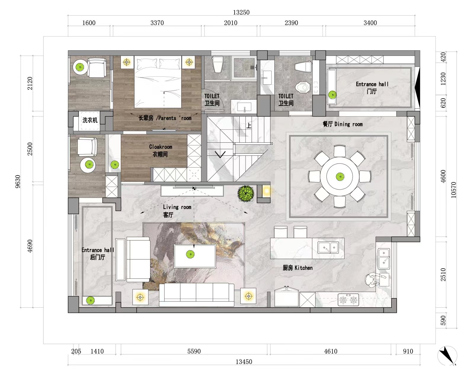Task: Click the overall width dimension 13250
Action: click(x=241, y=12)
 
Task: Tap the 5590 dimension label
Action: click(x=194, y=351)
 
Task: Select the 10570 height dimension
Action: click(x=454, y=190)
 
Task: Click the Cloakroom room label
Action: click(x=161, y=150)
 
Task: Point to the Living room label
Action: click(x=177, y=211)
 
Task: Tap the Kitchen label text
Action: click(x=303, y=268)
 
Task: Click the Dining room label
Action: click(x=343, y=124)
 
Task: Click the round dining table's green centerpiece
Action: click(x=340, y=176)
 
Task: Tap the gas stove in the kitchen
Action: click(x=348, y=300)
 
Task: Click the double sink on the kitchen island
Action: click(x=328, y=248)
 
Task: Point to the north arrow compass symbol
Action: click(x=447, y=356)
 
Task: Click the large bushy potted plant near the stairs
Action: click(x=246, y=194)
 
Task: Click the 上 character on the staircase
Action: click(x=249, y=126)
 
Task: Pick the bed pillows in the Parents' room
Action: click(x=158, y=64)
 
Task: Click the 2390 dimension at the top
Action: click(x=291, y=23)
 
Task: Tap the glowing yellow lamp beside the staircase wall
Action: click(x=266, y=191)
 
